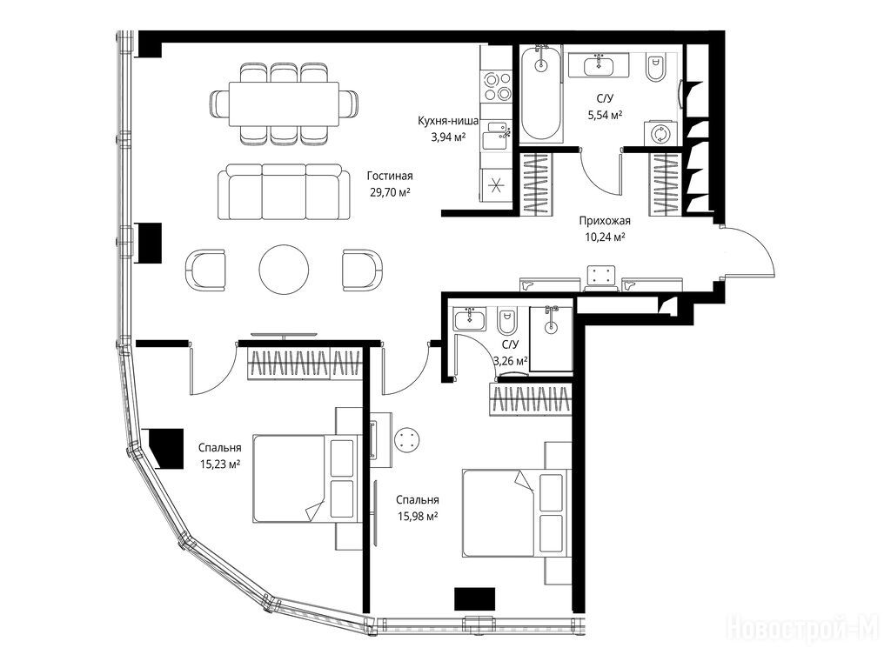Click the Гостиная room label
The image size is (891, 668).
pyautogui.click(x=390, y=176)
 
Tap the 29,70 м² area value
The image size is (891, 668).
pyautogui.click(x=391, y=192)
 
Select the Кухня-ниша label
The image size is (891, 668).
pyautogui.click(x=448, y=121)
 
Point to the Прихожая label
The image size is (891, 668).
pyautogui.click(x=606, y=221)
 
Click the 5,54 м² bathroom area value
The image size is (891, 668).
pyautogui.click(x=606, y=116)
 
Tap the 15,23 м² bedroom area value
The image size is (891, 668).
pyautogui.click(x=220, y=464)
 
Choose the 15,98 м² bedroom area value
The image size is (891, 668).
pyautogui.click(x=417, y=517)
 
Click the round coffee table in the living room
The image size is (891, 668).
pyautogui.click(x=285, y=270)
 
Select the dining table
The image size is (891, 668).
pyautogui.click(x=285, y=104)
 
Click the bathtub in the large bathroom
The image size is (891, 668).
pyautogui.click(x=542, y=94)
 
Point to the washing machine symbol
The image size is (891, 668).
pyautogui.click(x=660, y=134)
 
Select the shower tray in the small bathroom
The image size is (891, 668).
pyautogui.click(x=551, y=339)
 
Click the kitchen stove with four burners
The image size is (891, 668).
pyautogui.click(x=496, y=86)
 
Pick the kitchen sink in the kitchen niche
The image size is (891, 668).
pyautogui.click(x=495, y=136)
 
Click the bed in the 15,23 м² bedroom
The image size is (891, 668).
pyautogui.click(x=305, y=478)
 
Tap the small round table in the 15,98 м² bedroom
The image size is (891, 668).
pyautogui.click(x=406, y=439)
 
